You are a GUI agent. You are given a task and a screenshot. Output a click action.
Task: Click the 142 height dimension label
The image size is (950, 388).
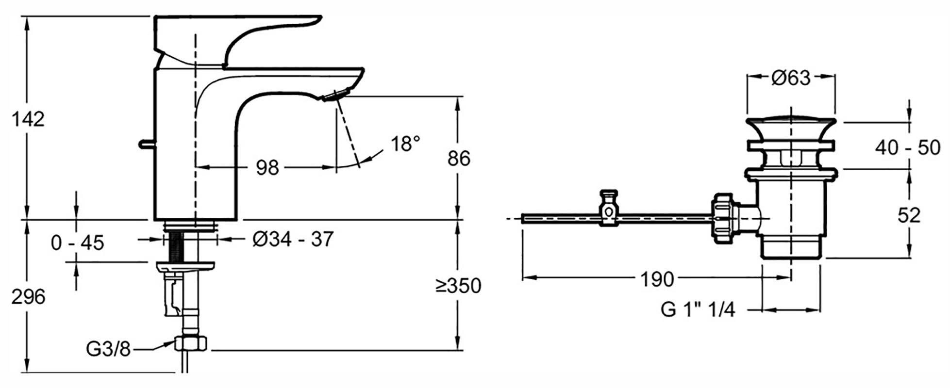coord(29,119)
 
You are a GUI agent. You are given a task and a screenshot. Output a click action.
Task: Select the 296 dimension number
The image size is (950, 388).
coord(29,297)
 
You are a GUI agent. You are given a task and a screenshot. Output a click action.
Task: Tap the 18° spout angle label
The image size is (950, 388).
coord(405,144)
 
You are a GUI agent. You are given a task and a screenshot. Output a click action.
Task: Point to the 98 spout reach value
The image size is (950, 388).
coord(268,168)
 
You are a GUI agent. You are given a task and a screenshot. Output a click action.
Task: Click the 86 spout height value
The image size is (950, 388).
coord(459,159)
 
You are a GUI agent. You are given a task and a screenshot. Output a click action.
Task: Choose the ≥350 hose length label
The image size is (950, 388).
coord(459,286)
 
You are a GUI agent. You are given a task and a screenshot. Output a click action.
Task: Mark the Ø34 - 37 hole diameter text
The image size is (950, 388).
coord(293,239)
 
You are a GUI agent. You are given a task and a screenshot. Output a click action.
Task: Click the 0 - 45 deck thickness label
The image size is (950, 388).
coord(78,242)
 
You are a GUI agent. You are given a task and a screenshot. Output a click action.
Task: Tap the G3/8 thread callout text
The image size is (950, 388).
coord(109,349)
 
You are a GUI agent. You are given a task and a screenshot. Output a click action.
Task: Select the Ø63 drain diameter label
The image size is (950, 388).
coord(791,78)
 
